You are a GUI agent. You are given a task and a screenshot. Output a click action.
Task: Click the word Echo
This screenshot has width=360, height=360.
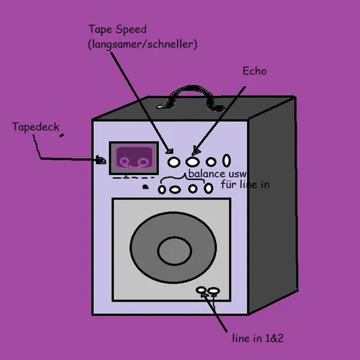tap(255, 71)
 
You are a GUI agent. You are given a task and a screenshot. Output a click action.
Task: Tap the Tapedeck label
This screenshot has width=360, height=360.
tap(35, 127)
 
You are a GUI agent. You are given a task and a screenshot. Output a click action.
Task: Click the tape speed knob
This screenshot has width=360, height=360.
tap(174, 161)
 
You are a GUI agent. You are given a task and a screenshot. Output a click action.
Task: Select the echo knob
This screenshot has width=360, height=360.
tap(192, 161)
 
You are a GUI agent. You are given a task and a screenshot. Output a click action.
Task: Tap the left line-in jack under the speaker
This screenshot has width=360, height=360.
tap(203, 291)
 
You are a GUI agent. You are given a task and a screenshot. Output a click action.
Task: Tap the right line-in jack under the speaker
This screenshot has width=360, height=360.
tap(214, 291)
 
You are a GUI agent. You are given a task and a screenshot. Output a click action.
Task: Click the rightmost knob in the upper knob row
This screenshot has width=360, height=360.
tap(227, 160)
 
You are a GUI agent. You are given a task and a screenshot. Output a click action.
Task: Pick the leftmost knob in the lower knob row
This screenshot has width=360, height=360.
tap(163, 189)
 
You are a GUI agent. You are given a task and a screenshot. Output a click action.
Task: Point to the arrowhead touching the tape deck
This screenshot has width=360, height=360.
tap(101, 160)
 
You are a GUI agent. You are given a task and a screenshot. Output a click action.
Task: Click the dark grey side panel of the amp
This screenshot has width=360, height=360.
tap(272, 202)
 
